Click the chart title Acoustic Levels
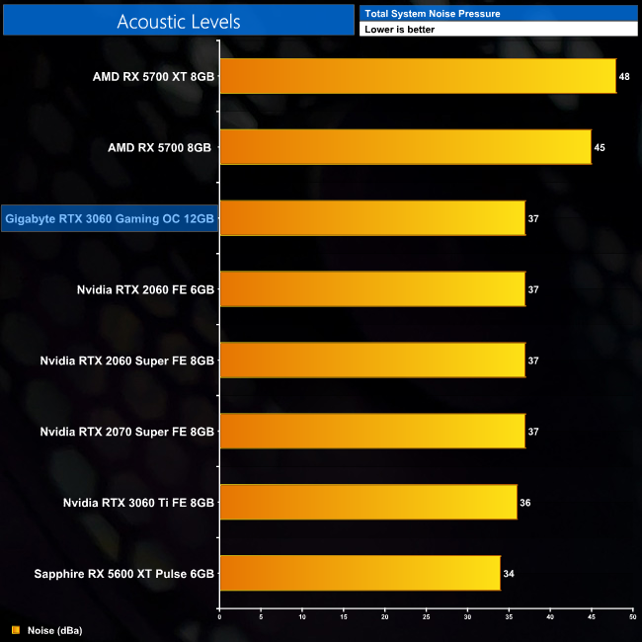[x=178, y=21]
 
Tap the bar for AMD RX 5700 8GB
[x=405, y=147]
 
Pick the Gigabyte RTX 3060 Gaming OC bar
[x=371, y=218]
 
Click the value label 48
[x=625, y=76]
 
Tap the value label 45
[x=600, y=147]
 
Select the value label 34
[x=509, y=573]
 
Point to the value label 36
[x=525, y=502]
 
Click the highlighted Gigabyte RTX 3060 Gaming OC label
[x=110, y=218]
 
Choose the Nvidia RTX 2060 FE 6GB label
[x=145, y=289]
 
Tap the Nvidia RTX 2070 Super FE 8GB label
[x=127, y=432]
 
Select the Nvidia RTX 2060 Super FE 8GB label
[x=127, y=361]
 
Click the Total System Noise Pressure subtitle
[x=432, y=13]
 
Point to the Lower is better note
[x=399, y=30]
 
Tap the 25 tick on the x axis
[x=426, y=617]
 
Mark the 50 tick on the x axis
[x=631, y=617]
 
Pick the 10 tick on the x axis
[x=301, y=617]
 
